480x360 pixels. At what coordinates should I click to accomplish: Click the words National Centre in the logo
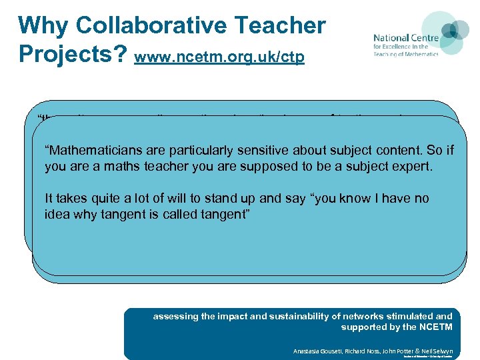[x=405, y=38]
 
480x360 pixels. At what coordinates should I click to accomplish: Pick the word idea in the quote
[x=57, y=213]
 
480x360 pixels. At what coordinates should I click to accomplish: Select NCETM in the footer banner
[x=436, y=327]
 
